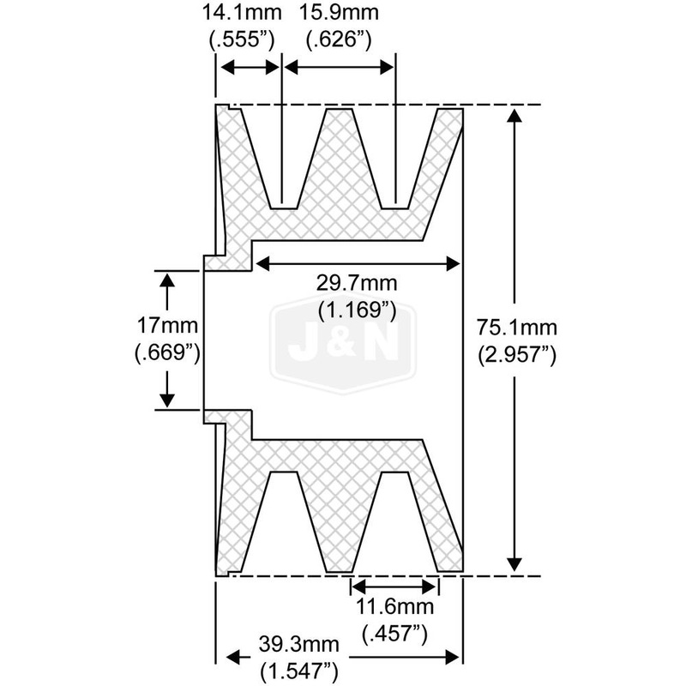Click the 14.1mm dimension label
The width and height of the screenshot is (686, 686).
click(x=242, y=12)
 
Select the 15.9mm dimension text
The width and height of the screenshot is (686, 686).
click(x=339, y=12)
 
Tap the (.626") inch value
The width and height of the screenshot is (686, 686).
click(x=339, y=39)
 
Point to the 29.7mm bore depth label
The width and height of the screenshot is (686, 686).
click(x=357, y=283)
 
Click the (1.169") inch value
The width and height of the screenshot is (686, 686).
click(x=357, y=310)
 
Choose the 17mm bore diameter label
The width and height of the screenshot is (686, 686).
click(x=167, y=326)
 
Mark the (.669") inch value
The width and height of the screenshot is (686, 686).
click(x=167, y=352)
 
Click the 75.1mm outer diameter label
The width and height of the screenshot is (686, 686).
click(x=517, y=328)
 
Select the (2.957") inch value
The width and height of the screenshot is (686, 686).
click(x=517, y=355)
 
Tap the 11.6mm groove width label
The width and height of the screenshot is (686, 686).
click(x=394, y=607)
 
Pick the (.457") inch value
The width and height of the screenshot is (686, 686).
click(x=394, y=635)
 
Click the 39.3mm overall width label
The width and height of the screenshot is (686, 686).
click(x=298, y=644)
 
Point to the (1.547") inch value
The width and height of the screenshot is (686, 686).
click(x=299, y=671)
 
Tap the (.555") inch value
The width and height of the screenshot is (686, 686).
click(x=242, y=39)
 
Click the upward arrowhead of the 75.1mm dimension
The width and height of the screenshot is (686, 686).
click(x=514, y=116)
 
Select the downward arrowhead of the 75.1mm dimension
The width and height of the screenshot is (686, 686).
click(x=514, y=564)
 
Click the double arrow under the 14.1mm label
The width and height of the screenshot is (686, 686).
click(x=250, y=68)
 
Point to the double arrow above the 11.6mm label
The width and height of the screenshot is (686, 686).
click(x=394, y=586)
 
